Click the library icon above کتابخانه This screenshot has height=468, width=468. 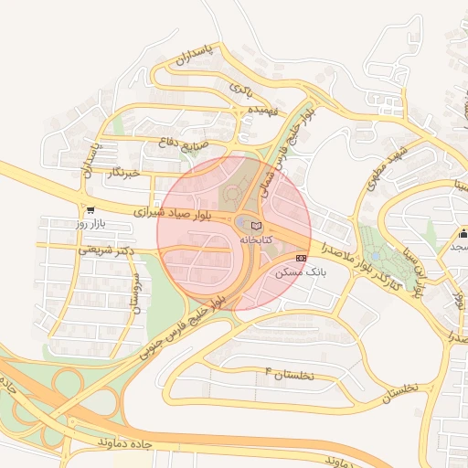coord(256,225)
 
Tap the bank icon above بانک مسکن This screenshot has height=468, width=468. coord(302,259)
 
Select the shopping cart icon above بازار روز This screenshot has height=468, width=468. coord(89,210)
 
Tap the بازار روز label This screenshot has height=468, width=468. coord(91,223)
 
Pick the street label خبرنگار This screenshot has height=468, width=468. coord(123,172)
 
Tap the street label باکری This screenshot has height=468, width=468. coord(240,89)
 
